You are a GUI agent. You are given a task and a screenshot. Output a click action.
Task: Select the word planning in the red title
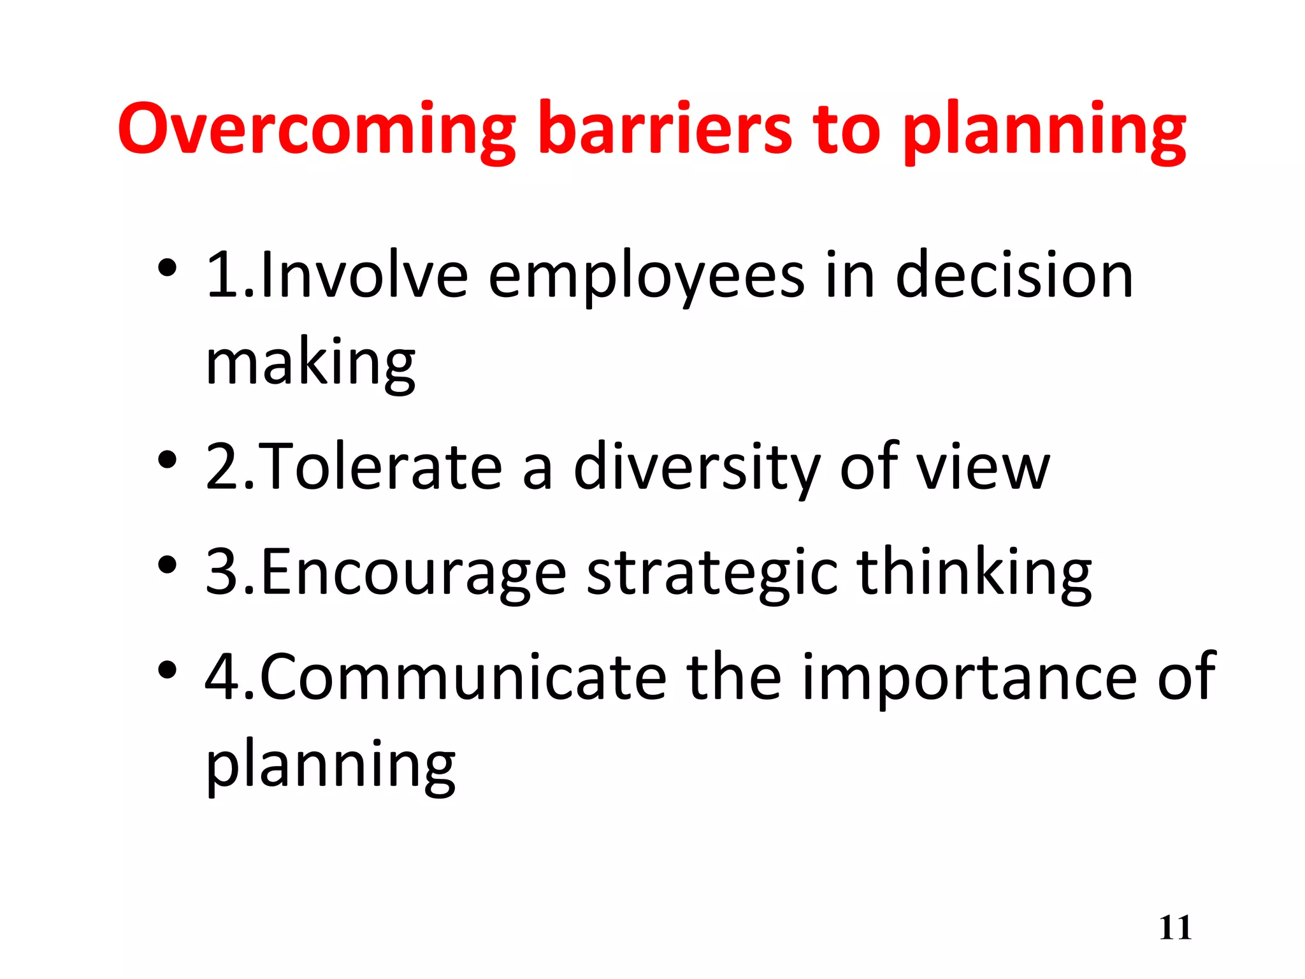[1044, 131]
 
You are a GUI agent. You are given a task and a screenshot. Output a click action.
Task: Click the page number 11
[1175, 928]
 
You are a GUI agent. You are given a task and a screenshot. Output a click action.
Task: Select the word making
[310, 363]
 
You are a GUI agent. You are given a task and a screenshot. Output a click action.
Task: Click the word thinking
[974, 573]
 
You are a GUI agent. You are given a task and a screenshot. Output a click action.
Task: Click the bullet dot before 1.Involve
[167, 268]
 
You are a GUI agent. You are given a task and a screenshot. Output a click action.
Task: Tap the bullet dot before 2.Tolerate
[167, 460]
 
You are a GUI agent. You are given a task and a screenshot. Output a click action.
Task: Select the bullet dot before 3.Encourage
[167, 565]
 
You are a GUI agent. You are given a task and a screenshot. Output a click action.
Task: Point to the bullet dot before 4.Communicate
[167, 669]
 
